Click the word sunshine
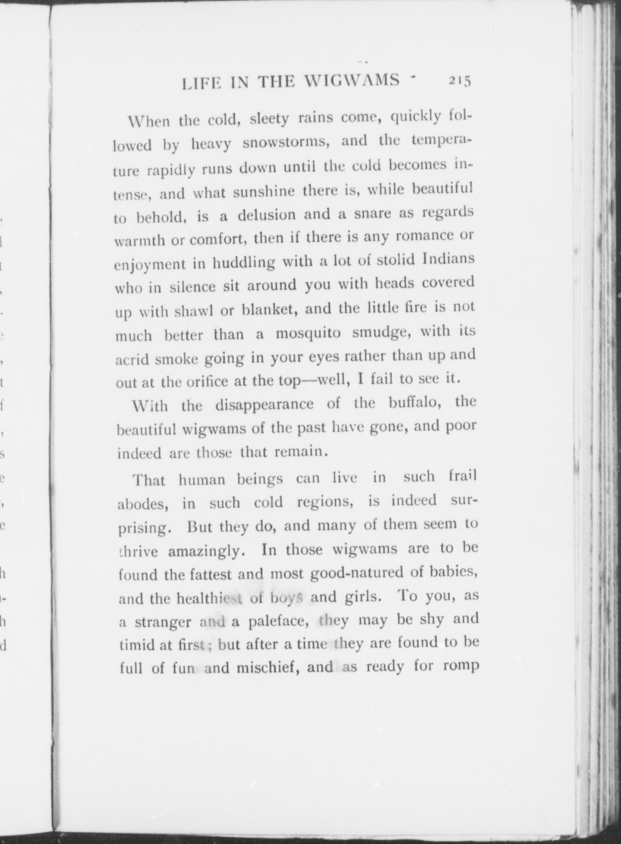pyautogui.click(x=264, y=192)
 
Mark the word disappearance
pyautogui.click(x=265, y=404)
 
